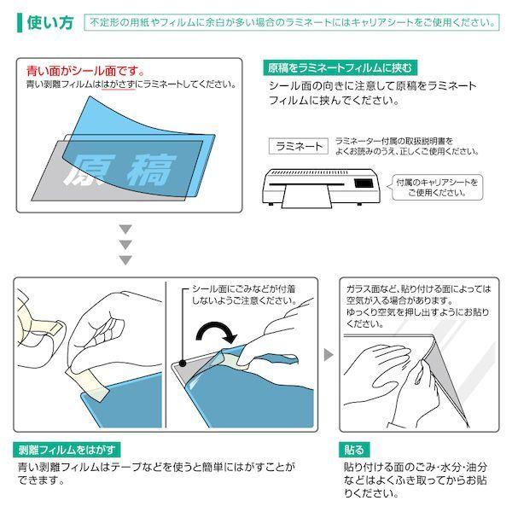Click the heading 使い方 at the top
50,22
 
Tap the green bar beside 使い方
20,22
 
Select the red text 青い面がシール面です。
85,71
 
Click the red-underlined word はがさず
119,84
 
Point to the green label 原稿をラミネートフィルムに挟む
340,68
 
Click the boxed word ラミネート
299,146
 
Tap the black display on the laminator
364,183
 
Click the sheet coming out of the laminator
307,196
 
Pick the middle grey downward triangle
125,244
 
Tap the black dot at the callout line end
183,363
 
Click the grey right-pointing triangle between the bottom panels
328,355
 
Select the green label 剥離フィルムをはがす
67,450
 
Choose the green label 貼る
354,450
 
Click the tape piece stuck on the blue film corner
87,383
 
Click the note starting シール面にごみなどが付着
244,294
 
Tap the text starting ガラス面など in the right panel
418,306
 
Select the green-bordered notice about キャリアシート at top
292,22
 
